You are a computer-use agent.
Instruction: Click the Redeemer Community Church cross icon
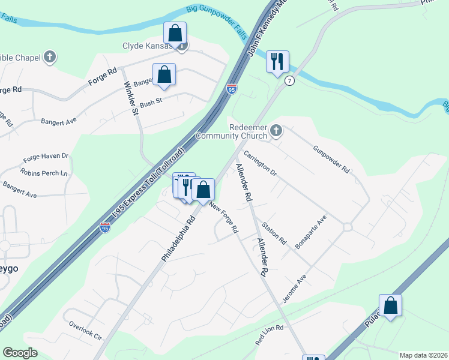pyautogui.click(x=276, y=130)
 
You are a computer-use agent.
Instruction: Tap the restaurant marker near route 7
pyautogui.click(x=277, y=62)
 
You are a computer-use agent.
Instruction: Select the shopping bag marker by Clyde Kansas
pyautogui.click(x=175, y=33)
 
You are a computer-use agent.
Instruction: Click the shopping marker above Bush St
pyautogui.click(x=164, y=74)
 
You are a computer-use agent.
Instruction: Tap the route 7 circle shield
pyautogui.click(x=290, y=81)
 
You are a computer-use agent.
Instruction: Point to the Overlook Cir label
pyautogui.click(x=85, y=330)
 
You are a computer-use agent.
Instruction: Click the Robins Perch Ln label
pyautogui.click(x=44, y=172)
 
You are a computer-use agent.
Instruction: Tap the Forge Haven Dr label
pyautogui.click(x=46, y=157)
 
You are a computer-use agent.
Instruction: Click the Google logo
pyautogui.click(x=20, y=353)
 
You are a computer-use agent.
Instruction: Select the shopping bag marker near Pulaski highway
pyautogui.click(x=390, y=306)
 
